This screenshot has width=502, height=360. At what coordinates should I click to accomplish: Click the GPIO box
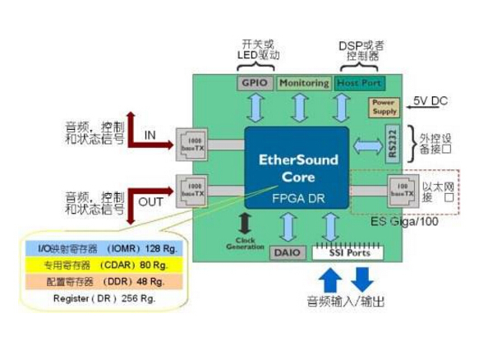[251, 83]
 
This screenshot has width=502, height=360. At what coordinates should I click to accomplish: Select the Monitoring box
[303, 83]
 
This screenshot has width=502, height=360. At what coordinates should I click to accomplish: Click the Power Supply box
[385, 106]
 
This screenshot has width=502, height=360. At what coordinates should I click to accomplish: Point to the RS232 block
[392, 144]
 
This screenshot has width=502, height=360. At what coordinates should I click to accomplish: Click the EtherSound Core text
[298, 168]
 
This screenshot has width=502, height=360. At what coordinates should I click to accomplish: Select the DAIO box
[284, 252]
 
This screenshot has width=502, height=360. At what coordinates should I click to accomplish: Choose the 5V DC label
[431, 100]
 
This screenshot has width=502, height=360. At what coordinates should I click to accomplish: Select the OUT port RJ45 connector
[196, 190]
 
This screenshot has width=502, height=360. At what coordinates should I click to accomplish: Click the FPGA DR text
[298, 197]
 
